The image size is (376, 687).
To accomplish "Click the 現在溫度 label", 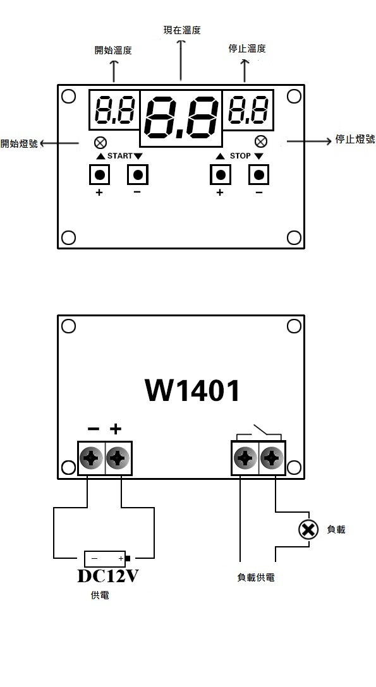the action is tap(182, 30).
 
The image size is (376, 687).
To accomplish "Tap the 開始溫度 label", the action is tap(113, 51).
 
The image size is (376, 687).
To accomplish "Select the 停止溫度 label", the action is tap(247, 48).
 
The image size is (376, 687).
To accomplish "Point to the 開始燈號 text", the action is tap(19, 144).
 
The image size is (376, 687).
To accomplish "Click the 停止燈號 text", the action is tap(355, 140).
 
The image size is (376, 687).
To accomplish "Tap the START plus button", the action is tap(99, 175).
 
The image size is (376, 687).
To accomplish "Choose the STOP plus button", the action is tap(221, 175).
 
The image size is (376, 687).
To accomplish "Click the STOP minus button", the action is tap(259, 175).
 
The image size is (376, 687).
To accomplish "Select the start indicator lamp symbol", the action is tap(100, 143).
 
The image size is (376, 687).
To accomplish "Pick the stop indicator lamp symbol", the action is tap(261, 141).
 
